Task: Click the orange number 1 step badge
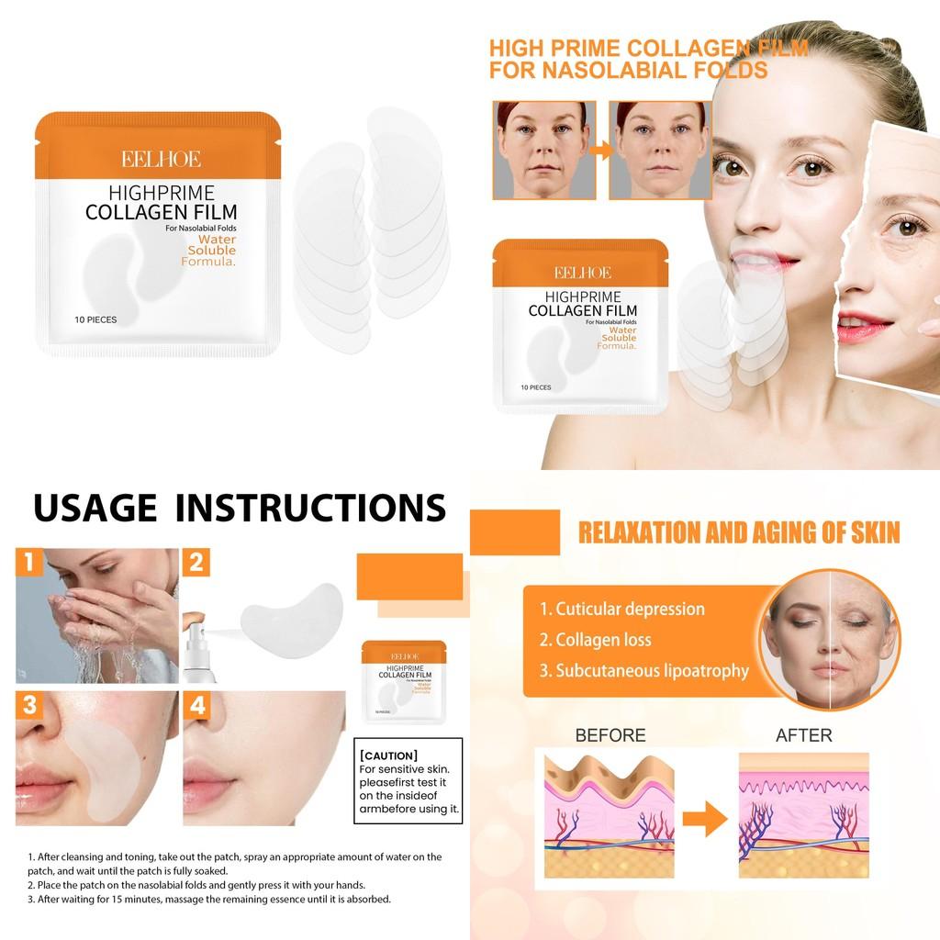click(x=29, y=562)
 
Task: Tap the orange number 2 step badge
click(x=196, y=562)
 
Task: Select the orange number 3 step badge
click(x=29, y=705)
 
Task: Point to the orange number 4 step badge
click(x=196, y=705)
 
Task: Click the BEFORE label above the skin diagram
click(x=610, y=735)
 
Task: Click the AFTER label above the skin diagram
click(x=803, y=735)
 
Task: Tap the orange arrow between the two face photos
click(x=602, y=150)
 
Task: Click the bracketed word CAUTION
click(x=388, y=755)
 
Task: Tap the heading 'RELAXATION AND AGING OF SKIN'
click(x=737, y=532)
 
